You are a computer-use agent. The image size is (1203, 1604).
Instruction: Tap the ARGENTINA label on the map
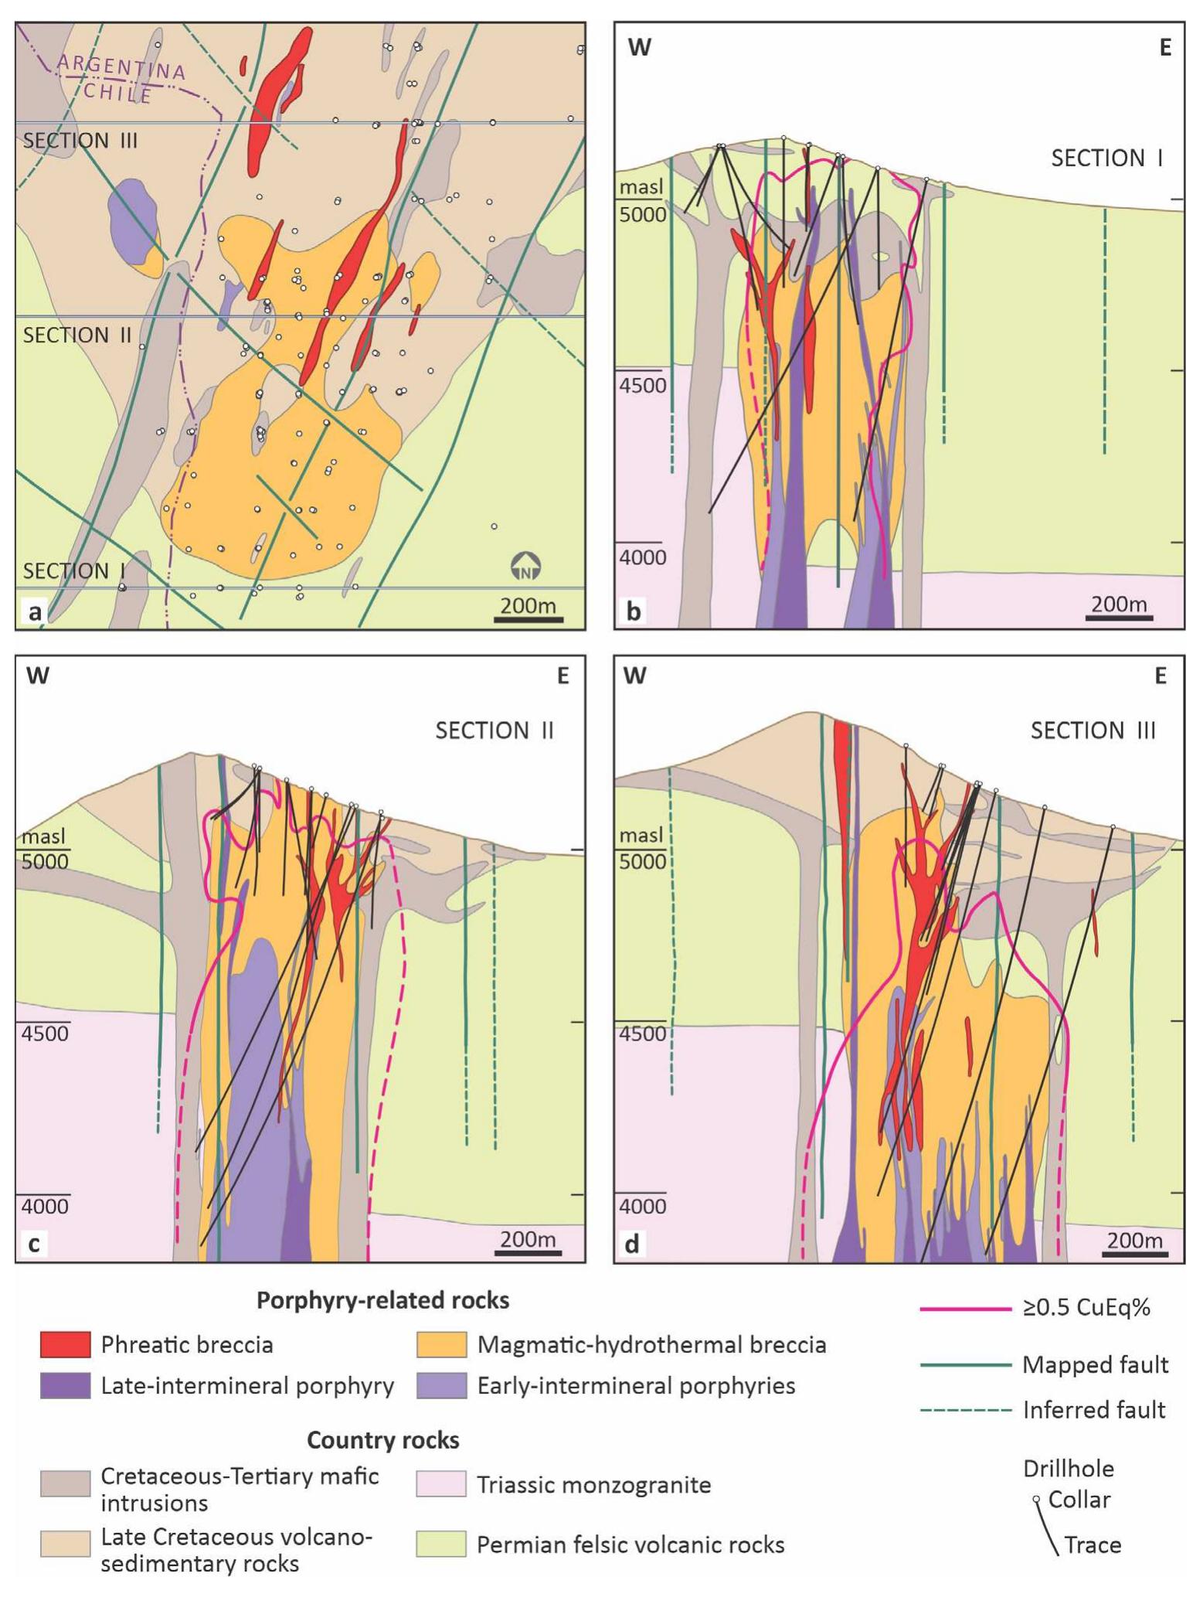pyautogui.click(x=121, y=68)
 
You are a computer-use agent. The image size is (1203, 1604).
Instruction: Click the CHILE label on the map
pyautogui.click(x=118, y=93)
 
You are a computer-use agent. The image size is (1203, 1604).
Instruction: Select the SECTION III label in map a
pyautogui.click(x=80, y=141)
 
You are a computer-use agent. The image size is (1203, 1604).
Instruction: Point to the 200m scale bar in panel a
pyautogui.click(x=528, y=618)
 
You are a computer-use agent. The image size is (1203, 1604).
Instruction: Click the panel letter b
pyautogui.click(x=634, y=611)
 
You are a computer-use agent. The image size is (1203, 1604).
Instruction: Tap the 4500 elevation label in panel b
pyautogui.click(x=643, y=384)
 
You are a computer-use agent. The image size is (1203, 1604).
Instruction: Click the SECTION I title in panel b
pyautogui.click(x=1106, y=158)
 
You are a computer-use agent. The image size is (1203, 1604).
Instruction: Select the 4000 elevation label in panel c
pyautogui.click(x=45, y=1206)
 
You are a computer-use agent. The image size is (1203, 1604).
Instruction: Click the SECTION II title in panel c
pyautogui.click(x=494, y=730)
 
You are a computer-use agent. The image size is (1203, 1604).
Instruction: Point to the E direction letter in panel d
pyautogui.click(x=1160, y=676)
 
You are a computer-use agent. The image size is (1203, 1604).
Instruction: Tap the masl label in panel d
pyautogui.click(x=641, y=836)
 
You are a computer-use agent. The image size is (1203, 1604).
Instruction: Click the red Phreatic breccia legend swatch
pyautogui.click(x=65, y=1344)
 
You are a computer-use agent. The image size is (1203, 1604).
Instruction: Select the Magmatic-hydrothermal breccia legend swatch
pyautogui.click(x=441, y=1344)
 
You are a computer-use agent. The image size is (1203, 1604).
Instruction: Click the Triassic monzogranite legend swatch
pyautogui.click(x=441, y=1484)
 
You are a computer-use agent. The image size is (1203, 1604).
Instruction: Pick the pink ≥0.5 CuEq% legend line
pyautogui.click(x=966, y=1308)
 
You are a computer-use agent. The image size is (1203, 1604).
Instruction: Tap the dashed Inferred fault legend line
pyautogui.click(x=966, y=1410)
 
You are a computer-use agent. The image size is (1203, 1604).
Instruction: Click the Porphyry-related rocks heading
pyautogui.click(x=382, y=1300)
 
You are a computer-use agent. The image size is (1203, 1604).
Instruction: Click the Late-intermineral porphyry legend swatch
pyautogui.click(x=65, y=1385)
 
